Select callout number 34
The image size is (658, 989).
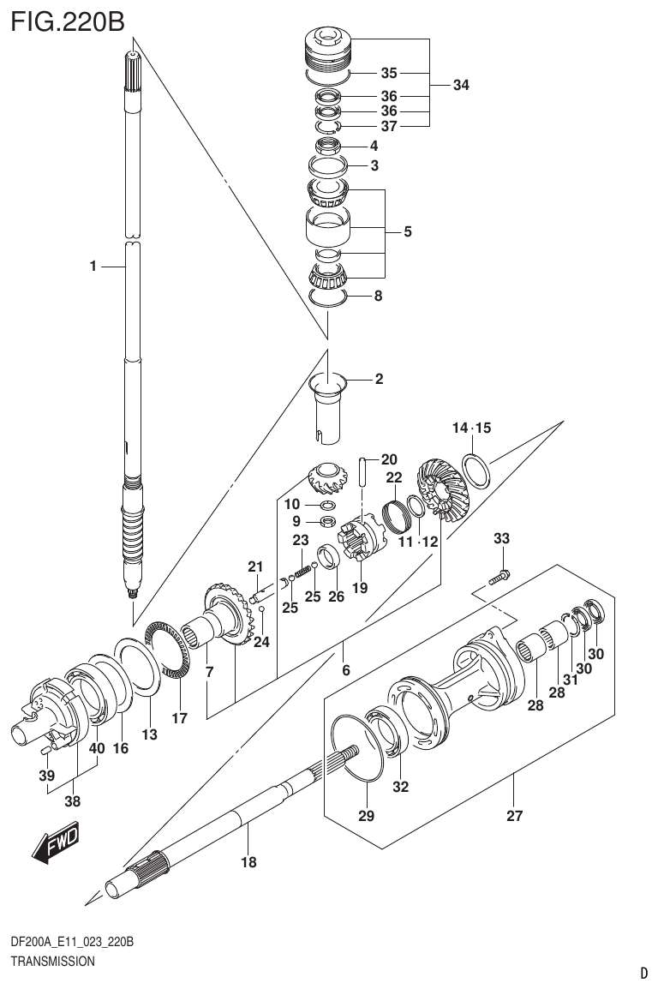pyautogui.click(x=461, y=85)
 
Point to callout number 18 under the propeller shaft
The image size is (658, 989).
pyautogui.click(x=248, y=862)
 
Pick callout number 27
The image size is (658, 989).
pyautogui.click(x=514, y=816)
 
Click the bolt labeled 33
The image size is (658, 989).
pyautogui.click(x=499, y=578)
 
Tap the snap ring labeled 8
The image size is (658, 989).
pyautogui.click(x=326, y=297)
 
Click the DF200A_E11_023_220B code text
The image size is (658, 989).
pyautogui.click(x=71, y=943)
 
